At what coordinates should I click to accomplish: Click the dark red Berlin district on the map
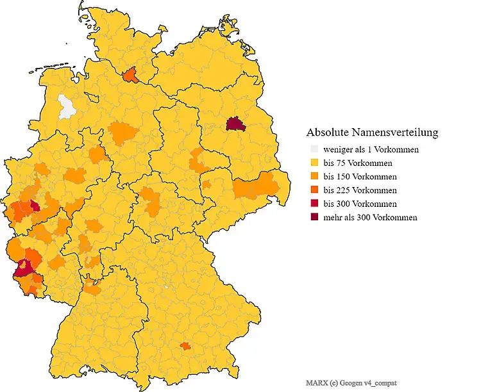pos(236,124)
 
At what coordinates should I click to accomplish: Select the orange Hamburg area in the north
pos(131,76)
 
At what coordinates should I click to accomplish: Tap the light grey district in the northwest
pos(67,106)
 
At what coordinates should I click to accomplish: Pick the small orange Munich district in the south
pos(185,346)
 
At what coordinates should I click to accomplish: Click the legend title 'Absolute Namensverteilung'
pos(373,133)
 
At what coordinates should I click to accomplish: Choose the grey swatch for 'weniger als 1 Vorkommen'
pos(314,150)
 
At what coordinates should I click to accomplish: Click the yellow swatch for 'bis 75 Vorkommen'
pos(314,163)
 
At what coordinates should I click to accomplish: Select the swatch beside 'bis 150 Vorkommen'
pos(314,177)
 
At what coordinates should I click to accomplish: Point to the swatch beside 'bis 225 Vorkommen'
pos(314,190)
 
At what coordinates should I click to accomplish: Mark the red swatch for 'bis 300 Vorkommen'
pos(314,204)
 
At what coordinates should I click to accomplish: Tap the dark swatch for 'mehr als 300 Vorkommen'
pos(314,217)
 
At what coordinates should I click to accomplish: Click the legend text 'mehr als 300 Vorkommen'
pos(371,217)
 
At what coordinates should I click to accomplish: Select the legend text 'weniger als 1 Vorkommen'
pos(371,150)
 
